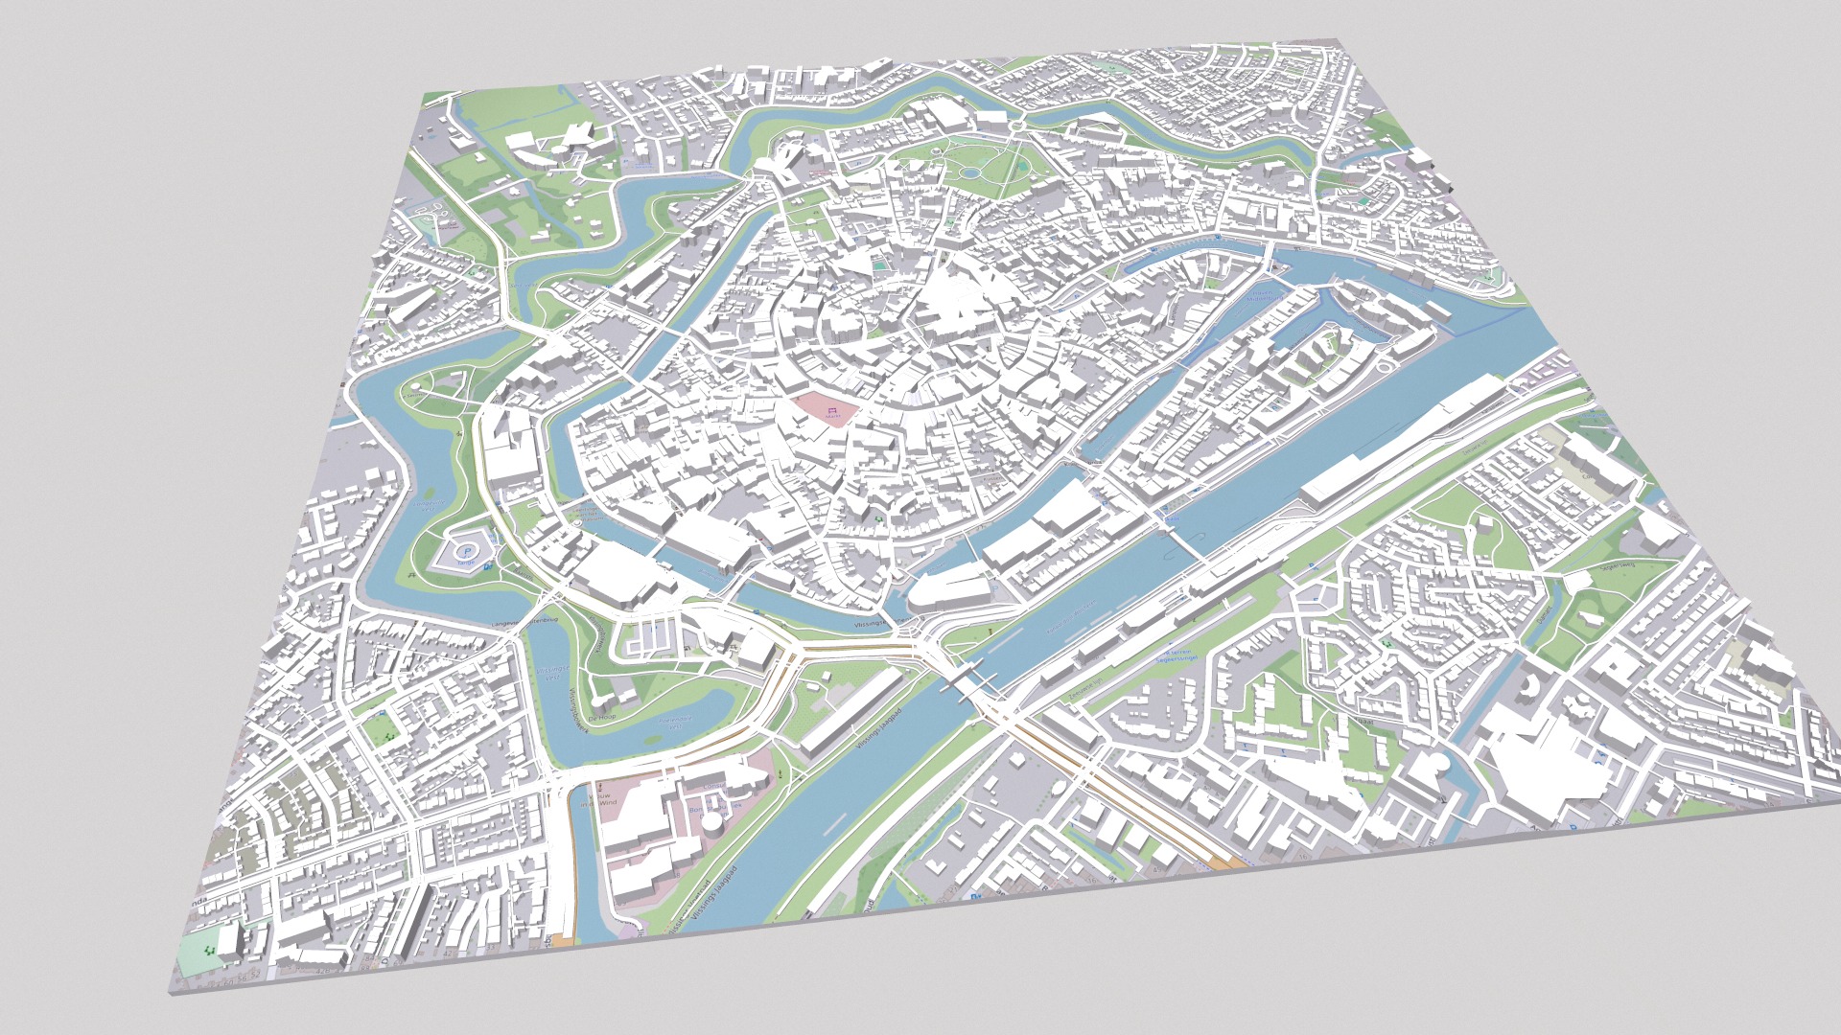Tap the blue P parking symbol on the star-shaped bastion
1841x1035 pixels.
[467, 551]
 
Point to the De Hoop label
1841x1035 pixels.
[602, 717]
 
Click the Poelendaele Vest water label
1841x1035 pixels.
[677, 724]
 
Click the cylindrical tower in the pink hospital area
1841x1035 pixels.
[713, 820]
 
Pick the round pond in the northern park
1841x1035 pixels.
[972, 173]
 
